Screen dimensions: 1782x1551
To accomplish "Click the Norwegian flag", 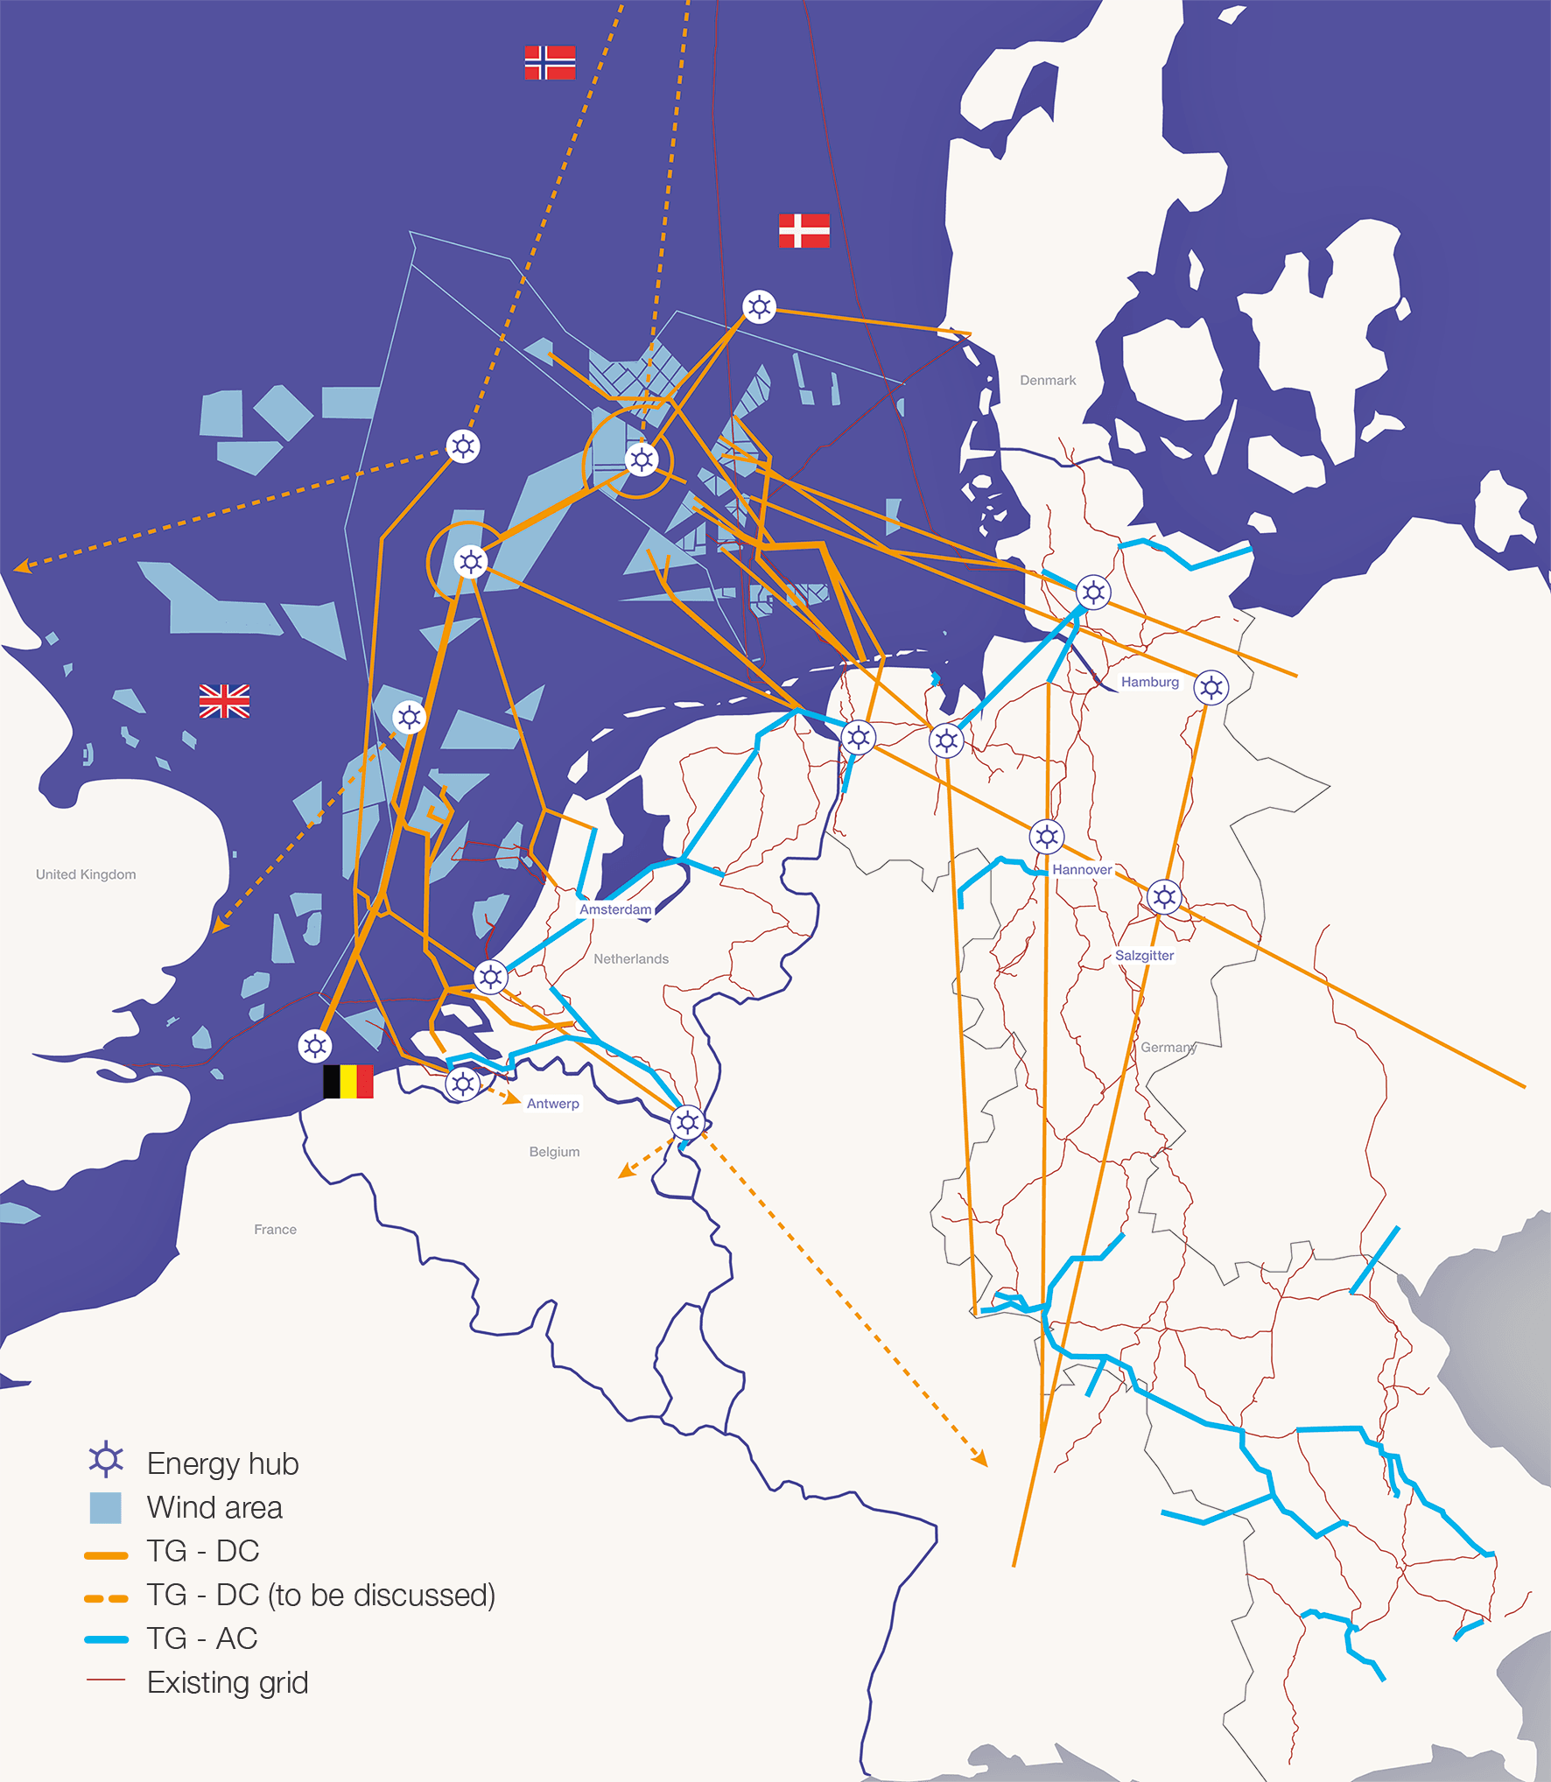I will [550, 62].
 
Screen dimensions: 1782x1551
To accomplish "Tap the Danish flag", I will [804, 230].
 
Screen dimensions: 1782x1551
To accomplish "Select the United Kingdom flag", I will [224, 701].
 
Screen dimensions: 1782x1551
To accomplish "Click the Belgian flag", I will [348, 1081].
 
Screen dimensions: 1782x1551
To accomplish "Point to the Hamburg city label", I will [1149, 682].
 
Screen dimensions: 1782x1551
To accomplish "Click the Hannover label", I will [1082, 869].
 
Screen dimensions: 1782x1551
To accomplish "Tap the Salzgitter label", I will [1144, 955].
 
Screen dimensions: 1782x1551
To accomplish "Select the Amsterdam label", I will [615, 909].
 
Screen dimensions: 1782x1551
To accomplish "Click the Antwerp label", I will [552, 1104].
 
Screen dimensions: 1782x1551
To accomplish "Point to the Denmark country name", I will [1048, 380].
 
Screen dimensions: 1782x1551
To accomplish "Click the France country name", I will [275, 1230].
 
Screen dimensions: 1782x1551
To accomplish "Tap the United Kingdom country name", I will [86, 874].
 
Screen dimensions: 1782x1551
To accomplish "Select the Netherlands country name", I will [631, 959].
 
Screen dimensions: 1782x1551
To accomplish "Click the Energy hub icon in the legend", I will [106, 1459].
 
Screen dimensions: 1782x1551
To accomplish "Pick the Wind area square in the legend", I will [106, 1507].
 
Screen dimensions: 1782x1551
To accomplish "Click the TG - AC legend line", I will [106, 1639].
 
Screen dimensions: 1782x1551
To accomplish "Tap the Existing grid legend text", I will [228, 1682].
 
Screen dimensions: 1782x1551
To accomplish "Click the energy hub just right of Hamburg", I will [1211, 688].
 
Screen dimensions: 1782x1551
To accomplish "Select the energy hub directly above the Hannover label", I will [1047, 837].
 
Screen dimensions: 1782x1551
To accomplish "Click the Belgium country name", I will [554, 1152].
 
